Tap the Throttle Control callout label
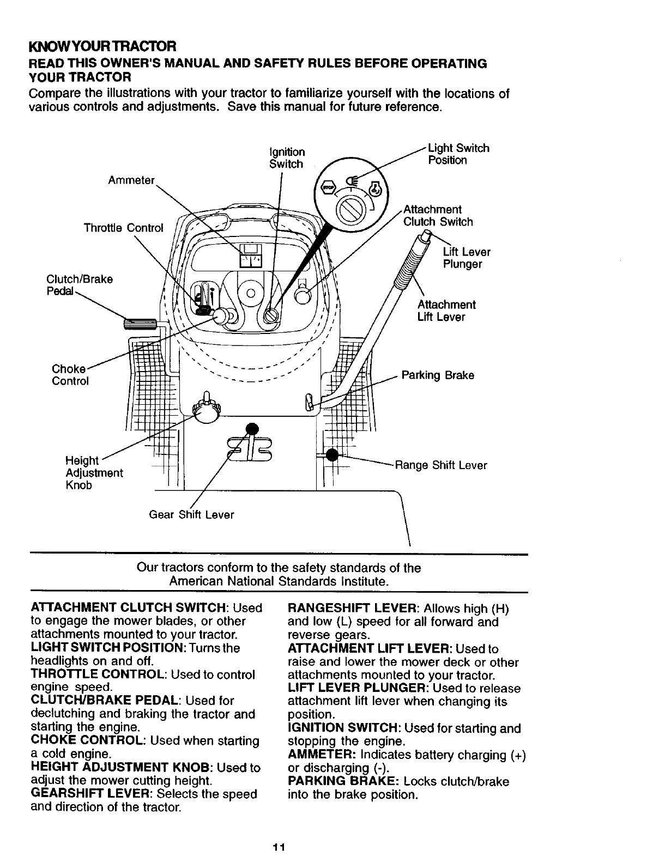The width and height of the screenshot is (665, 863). click(x=123, y=228)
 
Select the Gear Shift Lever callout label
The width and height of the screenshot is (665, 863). click(x=191, y=515)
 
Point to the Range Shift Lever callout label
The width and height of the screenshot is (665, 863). click(x=440, y=465)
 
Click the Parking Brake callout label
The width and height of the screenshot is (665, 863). click(x=438, y=375)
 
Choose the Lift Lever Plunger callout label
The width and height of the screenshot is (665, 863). click(x=466, y=258)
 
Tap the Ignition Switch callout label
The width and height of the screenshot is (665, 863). click(x=287, y=157)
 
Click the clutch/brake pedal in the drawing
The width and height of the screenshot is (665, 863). click(x=141, y=325)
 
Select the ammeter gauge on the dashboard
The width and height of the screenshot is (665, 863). click(x=251, y=256)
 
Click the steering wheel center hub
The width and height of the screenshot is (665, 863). click(x=250, y=293)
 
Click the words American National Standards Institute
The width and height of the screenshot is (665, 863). click(x=279, y=581)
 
